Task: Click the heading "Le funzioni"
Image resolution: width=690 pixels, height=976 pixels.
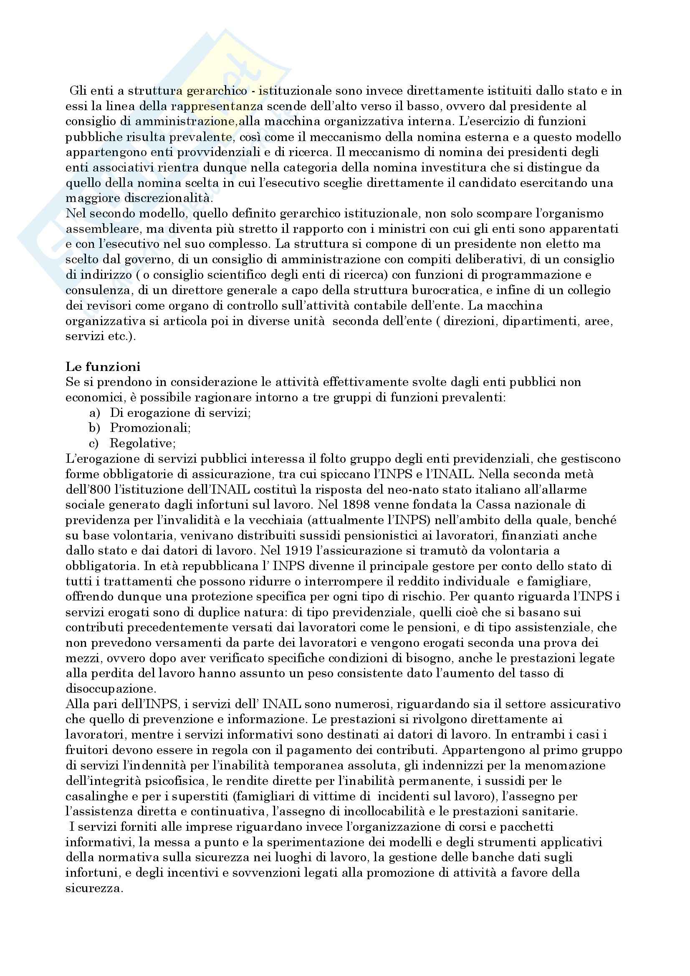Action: pyautogui.click(x=103, y=366)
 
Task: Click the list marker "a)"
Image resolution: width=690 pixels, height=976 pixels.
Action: pyautogui.click(x=95, y=413)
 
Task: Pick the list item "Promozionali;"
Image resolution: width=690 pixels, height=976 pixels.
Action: pyautogui.click(x=150, y=428)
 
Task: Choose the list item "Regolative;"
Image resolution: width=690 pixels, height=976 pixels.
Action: pyautogui.click(x=142, y=444)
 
